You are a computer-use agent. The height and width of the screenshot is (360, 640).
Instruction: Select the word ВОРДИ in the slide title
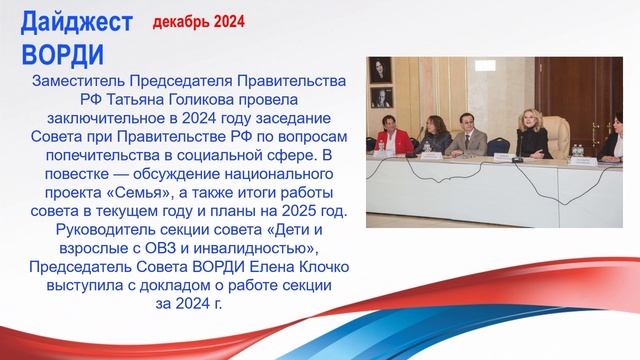click(x=62, y=51)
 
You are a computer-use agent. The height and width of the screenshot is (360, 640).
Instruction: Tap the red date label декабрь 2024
click(x=198, y=20)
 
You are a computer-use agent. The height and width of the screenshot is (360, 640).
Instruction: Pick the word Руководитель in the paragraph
click(x=81, y=228)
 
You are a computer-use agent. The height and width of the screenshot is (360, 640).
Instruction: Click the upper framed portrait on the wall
click(x=381, y=69)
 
